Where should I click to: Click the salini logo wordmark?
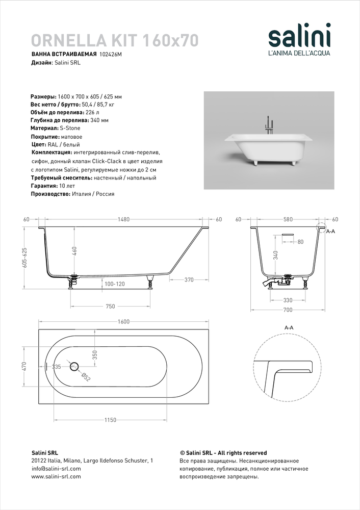coord(300,37)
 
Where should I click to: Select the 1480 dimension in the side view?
coord(123,219)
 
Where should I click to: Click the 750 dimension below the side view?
coord(110,306)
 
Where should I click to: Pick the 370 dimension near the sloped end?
coord(188,280)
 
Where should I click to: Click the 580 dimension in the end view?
coord(288,219)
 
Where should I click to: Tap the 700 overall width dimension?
coord(288,310)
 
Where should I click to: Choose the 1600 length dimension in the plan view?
coord(123,321)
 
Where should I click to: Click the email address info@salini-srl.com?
coord(56,468)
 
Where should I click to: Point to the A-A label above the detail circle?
coord(288,328)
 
